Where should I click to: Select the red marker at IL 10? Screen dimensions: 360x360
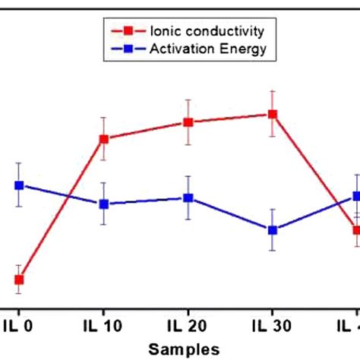[104, 138]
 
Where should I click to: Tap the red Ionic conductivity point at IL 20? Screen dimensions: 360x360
[188, 122]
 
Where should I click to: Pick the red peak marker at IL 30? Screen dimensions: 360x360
[272, 114]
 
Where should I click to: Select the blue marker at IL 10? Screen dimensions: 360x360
[104, 204]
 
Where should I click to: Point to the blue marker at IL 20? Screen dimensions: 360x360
[188, 197]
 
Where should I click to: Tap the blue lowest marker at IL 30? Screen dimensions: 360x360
[272, 229]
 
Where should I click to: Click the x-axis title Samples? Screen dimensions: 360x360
[185, 348]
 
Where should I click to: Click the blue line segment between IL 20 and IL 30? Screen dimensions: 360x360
[230, 213]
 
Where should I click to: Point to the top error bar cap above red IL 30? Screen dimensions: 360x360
[272, 91]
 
